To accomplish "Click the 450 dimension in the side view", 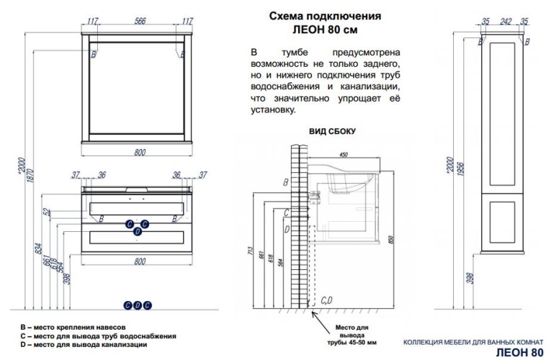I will tap(344, 154).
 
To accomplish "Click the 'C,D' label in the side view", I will tap(325, 299).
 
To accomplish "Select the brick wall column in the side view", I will tap(293, 223).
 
